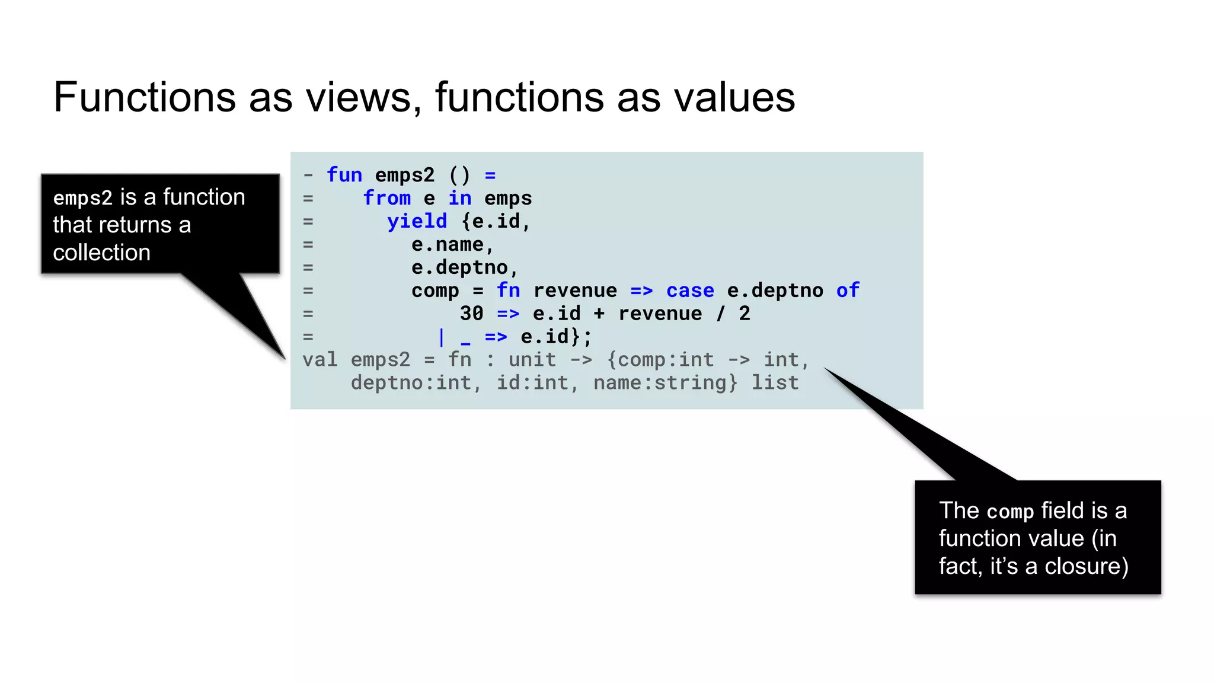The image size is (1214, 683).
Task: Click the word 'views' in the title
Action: [x=359, y=97]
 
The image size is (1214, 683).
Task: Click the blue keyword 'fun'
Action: [x=344, y=175]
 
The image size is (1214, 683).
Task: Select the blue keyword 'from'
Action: [x=386, y=198]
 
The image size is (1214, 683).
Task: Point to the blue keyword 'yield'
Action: [x=417, y=221]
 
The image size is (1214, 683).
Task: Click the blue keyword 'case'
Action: [x=690, y=291]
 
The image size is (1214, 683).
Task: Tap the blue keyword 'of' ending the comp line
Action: [x=848, y=291]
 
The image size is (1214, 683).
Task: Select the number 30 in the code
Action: [x=471, y=314]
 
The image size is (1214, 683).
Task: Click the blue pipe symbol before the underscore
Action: [x=441, y=337]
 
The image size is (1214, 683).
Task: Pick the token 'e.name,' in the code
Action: [x=452, y=244]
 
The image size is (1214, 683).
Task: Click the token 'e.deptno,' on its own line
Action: [x=465, y=267]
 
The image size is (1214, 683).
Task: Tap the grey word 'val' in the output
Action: [x=320, y=360]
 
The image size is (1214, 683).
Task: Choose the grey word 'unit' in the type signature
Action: [x=532, y=360]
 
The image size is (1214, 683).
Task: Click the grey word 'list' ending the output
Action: [x=775, y=383]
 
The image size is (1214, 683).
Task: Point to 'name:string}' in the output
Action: [x=666, y=383]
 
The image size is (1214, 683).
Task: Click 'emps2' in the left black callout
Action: [x=82, y=197]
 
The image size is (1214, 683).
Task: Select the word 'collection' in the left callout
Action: [x=101, y=253]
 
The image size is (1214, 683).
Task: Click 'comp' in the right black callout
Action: [x=1010, y=511]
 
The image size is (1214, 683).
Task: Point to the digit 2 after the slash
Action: [x=745, y=314]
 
